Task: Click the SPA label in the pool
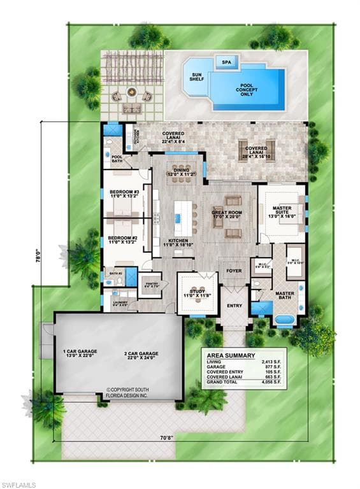[226, 62]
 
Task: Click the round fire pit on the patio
[132, 93]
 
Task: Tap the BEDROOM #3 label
[124, 194]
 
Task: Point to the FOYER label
[234, 271]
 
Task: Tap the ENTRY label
[234, 306]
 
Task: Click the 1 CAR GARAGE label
[79, 354]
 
